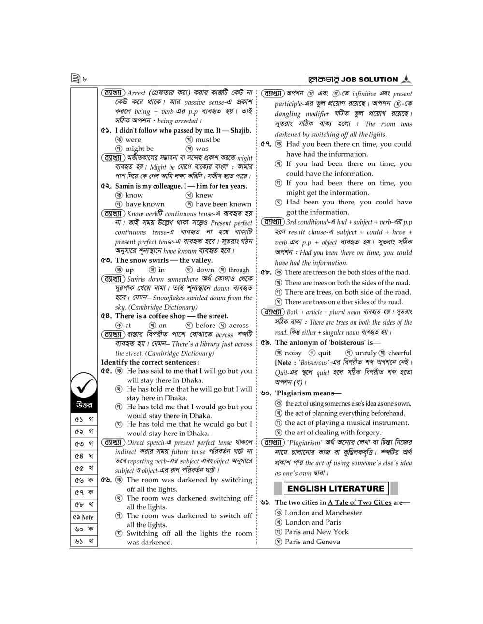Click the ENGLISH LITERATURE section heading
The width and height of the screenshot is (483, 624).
336,488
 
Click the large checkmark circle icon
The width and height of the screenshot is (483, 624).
84,386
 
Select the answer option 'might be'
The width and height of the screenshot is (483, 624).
139,149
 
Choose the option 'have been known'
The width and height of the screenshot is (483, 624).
223,204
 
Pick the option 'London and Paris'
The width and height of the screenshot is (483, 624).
313,522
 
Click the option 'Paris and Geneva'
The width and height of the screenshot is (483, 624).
312,542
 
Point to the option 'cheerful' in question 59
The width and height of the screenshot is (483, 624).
399,353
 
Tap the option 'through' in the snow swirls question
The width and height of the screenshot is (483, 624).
239,270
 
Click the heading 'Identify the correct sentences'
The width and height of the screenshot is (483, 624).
150,362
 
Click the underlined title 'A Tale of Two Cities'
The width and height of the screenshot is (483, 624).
359,502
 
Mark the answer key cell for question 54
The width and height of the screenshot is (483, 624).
84,456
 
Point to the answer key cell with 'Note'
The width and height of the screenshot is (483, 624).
84,517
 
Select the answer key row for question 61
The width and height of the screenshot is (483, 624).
84,541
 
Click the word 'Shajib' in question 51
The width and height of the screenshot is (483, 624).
240,130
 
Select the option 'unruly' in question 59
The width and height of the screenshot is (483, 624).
366,353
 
